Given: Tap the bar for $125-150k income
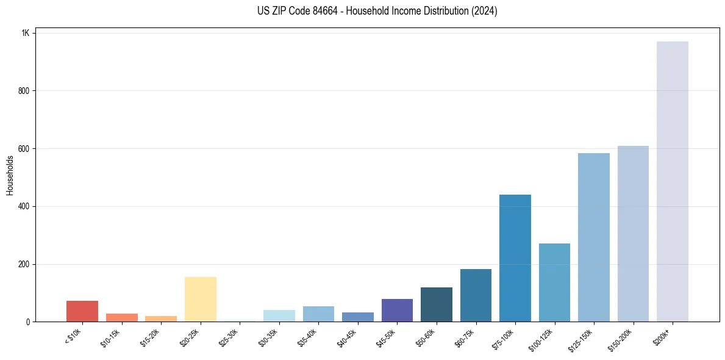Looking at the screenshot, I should pos(593,237).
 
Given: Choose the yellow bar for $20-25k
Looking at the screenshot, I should pos(200,299).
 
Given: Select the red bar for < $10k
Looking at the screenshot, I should pos(82,311).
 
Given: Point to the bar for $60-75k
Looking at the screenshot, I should pos(476,295).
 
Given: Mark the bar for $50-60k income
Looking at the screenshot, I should pos(436,304).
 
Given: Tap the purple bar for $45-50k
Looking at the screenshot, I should pos(397,310).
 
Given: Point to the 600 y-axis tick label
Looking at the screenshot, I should pos(23,148).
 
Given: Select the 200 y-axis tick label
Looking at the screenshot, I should pos(23,264).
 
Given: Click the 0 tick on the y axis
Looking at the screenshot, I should pos(27,322).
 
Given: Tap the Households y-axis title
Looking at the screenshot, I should pos(10,175).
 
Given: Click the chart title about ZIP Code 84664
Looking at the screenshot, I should pos(377,11).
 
